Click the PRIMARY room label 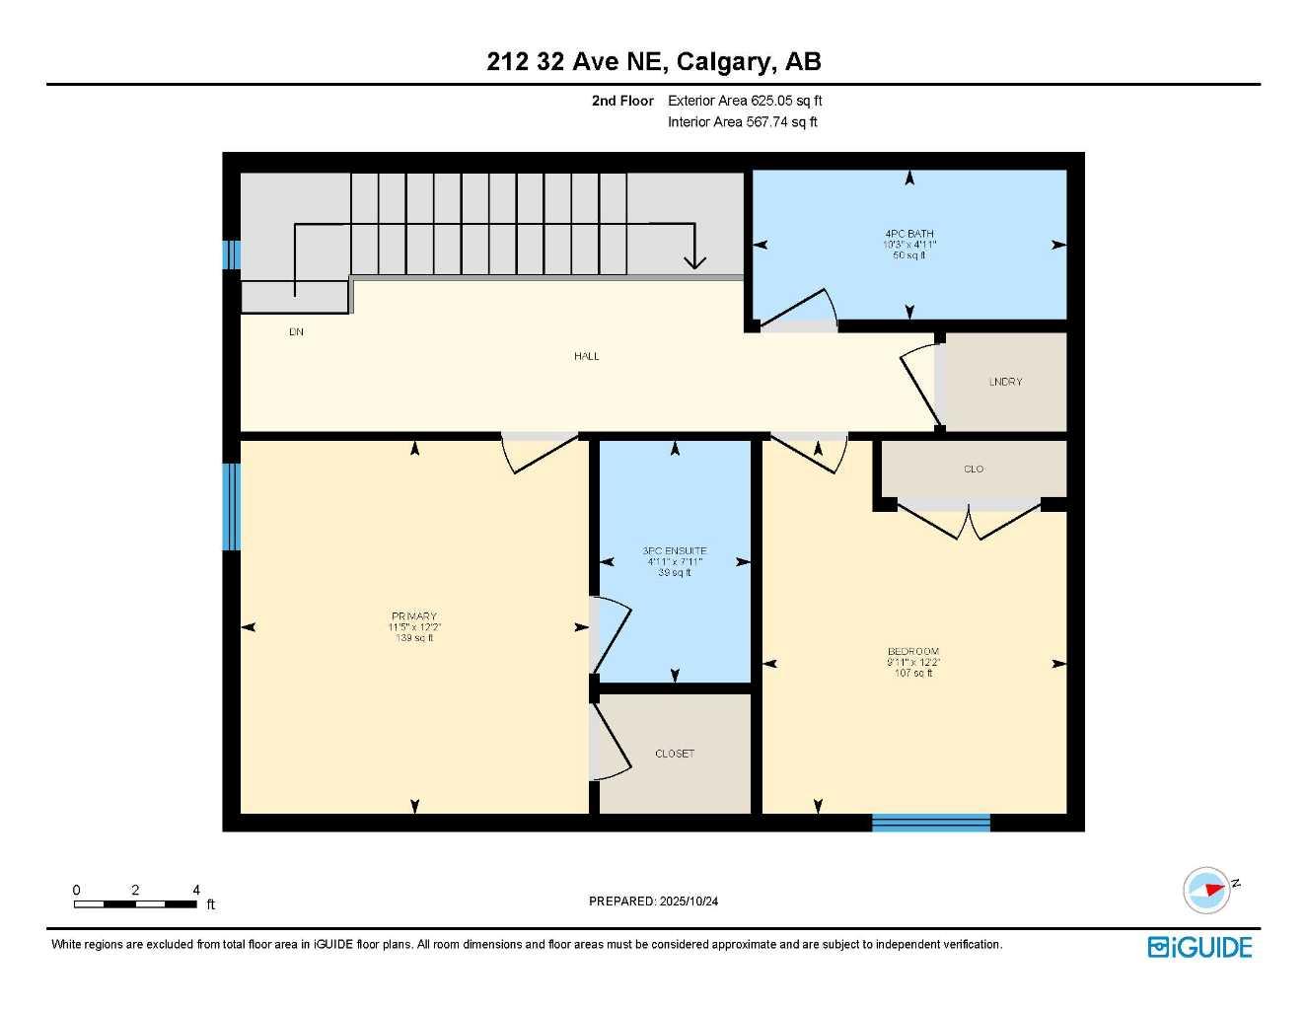click(414, 616)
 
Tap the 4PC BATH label click(908, 234)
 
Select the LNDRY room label click(1005, 382)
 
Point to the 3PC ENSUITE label click(675, 551)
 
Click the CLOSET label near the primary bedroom click(675, 754)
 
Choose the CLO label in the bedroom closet click(974, 469)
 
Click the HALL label click(587, 356)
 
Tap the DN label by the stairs click(296, 332)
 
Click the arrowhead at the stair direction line click(695, 261)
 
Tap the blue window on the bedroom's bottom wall click(930, 823)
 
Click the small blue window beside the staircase click(231, 254)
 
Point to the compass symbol click(1207, 890)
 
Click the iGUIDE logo click(1199, 947)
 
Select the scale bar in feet click(136, 902)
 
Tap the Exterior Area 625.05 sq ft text click(745, 101)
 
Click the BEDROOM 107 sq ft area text click(913, 674)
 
